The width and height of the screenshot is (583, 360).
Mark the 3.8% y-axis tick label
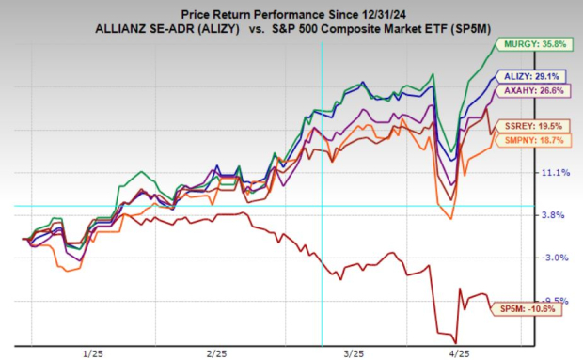pos(554,215)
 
